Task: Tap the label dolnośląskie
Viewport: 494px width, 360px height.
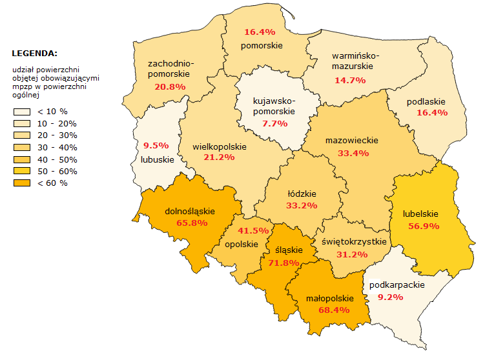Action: pos(190,211)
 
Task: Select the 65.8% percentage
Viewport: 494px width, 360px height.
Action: pos(191,223)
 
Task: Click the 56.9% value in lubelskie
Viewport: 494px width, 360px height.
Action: pos(424,226)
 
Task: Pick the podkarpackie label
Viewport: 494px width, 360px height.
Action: pos(396,285)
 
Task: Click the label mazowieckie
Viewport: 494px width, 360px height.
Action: pos(352,141)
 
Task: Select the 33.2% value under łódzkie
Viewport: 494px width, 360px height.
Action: pos(302,205)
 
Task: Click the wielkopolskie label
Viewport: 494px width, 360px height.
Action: pos(219,146)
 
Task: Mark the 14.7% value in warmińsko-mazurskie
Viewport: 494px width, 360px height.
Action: pos(350,80)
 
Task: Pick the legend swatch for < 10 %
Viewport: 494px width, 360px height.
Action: pos(21,111)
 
